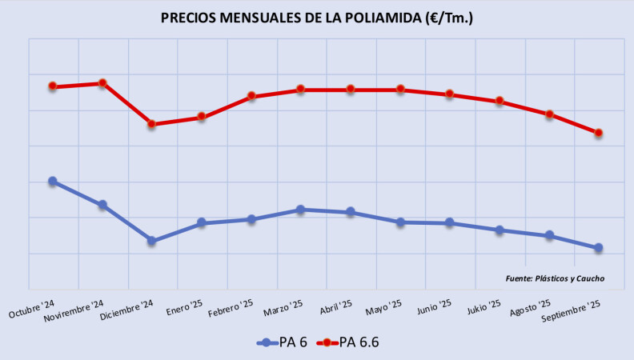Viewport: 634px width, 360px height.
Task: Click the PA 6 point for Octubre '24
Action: point(53,182)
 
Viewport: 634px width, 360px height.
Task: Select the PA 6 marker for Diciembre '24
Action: point(151,241)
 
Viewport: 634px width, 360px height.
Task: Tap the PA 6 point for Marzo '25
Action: point(300,210)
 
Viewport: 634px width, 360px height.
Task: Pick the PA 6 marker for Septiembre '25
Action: point(598,248)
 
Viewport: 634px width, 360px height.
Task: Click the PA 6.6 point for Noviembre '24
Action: point(102,83)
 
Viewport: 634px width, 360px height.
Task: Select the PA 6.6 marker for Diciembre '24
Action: point(151,124)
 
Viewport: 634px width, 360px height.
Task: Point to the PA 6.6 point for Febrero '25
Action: point(251,96)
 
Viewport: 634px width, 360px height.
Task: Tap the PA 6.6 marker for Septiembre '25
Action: point(598,133)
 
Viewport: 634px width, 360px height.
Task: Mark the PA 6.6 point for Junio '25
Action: point(449,94)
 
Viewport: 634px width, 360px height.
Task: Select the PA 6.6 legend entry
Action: point(349,342)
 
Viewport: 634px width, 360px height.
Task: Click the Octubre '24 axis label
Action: point(33,309)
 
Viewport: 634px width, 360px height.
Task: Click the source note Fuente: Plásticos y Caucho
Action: point(555,278)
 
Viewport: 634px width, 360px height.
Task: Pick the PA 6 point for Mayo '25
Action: point(399,222)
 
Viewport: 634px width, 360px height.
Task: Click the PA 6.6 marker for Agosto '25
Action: point(549,114)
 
